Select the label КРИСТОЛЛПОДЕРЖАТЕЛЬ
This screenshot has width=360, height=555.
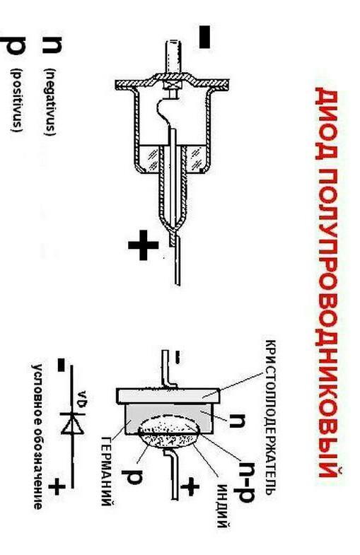coord(270,417)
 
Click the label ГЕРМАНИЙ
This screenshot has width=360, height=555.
coord(108,471)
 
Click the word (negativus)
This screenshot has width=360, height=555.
coord(50,102)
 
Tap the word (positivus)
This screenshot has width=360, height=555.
coord(17,100)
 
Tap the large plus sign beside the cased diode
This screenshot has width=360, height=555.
coord(143,245)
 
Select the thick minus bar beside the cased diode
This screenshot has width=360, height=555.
coord(204,37)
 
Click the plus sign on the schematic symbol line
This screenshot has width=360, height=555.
coord(57,486)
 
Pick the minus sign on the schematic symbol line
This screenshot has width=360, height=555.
coord(62,365)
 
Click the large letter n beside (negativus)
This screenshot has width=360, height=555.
coord(52,45)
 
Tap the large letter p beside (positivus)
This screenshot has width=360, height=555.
coord(13,45)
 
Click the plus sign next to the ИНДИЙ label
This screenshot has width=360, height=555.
coord(190,486)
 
